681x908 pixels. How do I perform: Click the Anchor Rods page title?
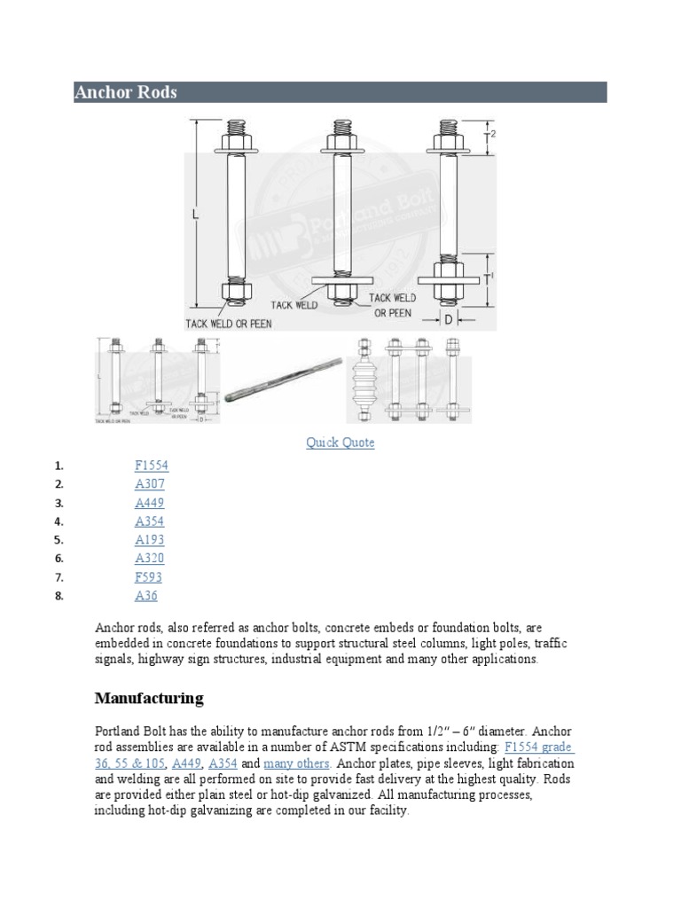coord(126,92)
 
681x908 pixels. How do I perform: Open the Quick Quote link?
coord(340,442)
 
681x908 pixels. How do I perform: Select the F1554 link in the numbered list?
coord(151,466)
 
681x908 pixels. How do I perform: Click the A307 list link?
coord(150,484)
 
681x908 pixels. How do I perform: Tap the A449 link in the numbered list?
coord(150,503)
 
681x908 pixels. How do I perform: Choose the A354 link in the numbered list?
coord(150,521)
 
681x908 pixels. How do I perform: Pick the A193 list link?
coord(150,540)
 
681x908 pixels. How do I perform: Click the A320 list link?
coord(150,559)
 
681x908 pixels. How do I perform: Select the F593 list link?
coord(149,577)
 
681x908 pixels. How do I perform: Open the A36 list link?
coord(146,596)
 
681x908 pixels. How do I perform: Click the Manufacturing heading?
coord(149,699)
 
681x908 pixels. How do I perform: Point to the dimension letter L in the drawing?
coord(195,215)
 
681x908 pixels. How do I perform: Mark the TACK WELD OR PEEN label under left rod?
coord(229,323)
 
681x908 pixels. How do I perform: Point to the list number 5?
coord(59,540)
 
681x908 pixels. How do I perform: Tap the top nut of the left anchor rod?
coord(237,141)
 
